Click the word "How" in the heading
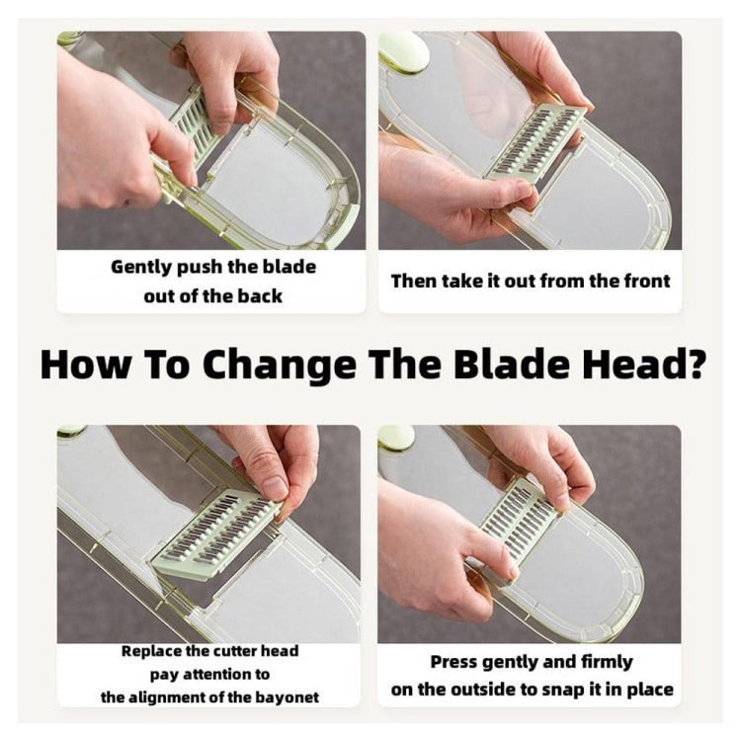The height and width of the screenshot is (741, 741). (x=85, y=364)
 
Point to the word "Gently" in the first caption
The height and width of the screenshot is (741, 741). (x=141, y=268)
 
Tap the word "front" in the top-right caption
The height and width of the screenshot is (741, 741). (x=647, y=282)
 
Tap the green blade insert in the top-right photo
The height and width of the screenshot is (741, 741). (x=535, y=142)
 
